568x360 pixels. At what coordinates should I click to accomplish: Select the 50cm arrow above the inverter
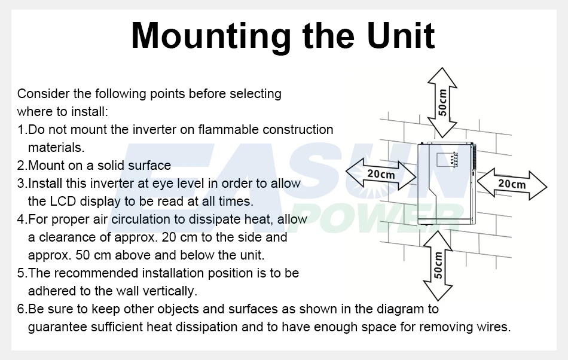click(441, 102)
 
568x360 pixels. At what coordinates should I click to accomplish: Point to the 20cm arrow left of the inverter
click(381, 174)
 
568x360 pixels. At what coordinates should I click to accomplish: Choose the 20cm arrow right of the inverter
click(512, 183)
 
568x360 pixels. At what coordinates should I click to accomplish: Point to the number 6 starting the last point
click(20, 309)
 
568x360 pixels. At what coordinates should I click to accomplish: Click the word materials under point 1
click(55, 148)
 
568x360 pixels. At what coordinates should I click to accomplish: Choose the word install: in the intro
click(88, 112)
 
